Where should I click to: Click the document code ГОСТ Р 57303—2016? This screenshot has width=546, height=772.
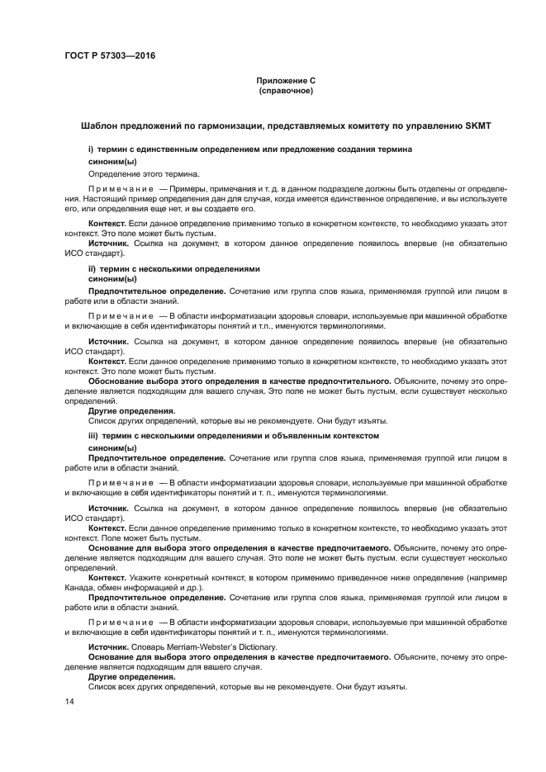[109, 55]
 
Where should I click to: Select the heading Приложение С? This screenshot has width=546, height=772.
[285, 81]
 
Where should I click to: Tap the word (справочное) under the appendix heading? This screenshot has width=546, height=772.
[285, 91]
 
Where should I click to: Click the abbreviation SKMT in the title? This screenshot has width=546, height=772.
[477, 125]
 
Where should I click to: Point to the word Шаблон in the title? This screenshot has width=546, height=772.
[100, 125]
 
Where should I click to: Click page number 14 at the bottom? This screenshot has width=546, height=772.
[69, 701]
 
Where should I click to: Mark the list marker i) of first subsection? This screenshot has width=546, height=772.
[92, 149]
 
